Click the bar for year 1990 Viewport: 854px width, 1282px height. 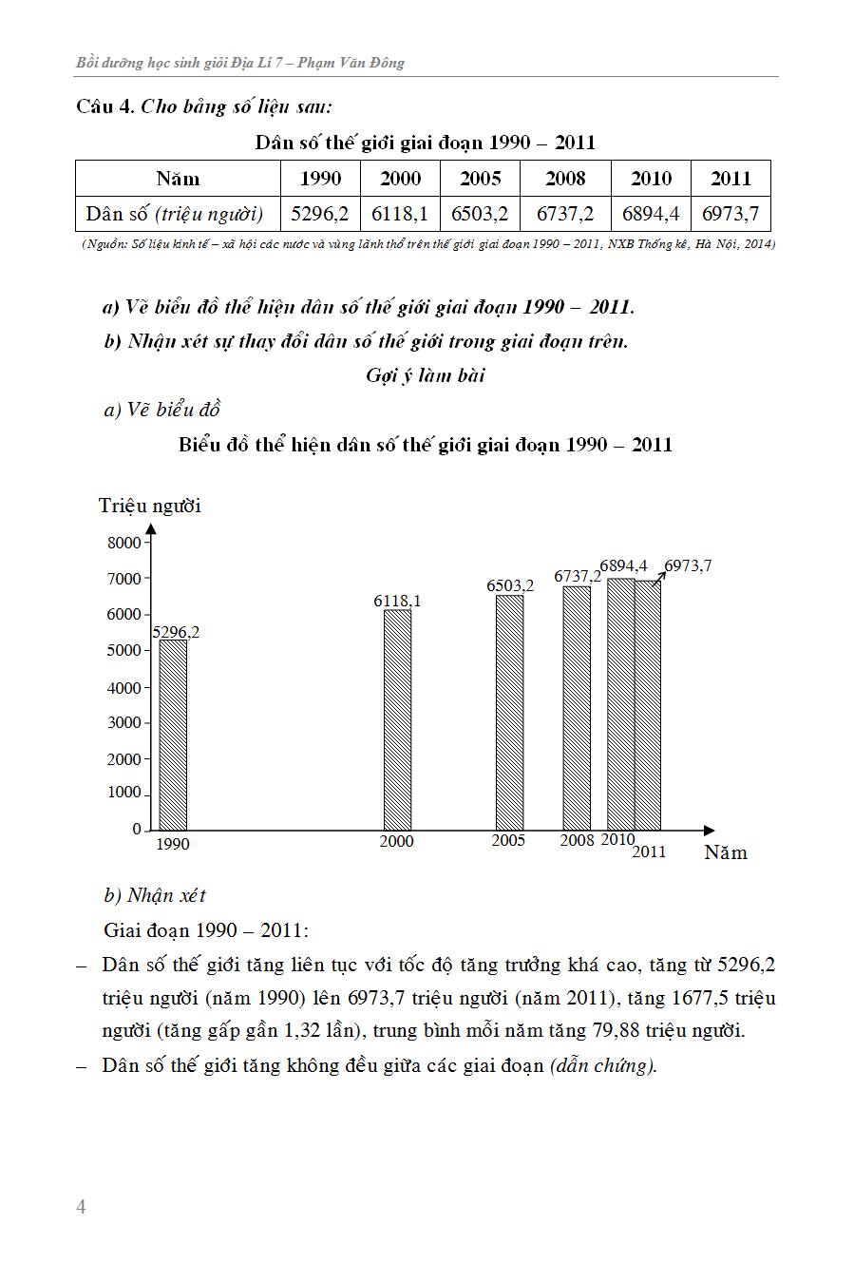(x=173, y=735)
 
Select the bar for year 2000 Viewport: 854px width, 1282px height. (x=397, y=719)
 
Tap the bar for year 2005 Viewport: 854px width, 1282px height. (x=509, y=712)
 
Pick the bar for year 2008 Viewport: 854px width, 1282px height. (x=577, y=708)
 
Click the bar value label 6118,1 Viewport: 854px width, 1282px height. (x=397, y=601)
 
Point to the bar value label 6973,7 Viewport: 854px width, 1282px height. (x=688, y=565)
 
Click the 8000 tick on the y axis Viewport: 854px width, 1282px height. (x=124, y=543)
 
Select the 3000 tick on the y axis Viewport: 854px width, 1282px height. (x=124, y=722)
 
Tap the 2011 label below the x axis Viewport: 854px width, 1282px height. (x=649, y=851)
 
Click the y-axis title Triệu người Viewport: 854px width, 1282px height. (x=150, y=506)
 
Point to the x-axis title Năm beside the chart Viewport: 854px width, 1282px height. (x=726, y=852)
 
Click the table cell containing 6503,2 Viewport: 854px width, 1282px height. (x=480, y=214)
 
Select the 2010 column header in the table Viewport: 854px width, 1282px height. (x=651, y=179)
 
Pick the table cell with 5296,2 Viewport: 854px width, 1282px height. (x=320, y=214)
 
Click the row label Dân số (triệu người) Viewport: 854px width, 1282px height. (x=177, y=214)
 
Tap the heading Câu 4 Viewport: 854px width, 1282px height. (x=104, y=106)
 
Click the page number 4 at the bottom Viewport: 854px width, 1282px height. (x=81, y=1206)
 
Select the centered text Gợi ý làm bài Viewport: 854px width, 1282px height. (x=426, y=375)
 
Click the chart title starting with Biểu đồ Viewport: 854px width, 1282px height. (x=426, y=445)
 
